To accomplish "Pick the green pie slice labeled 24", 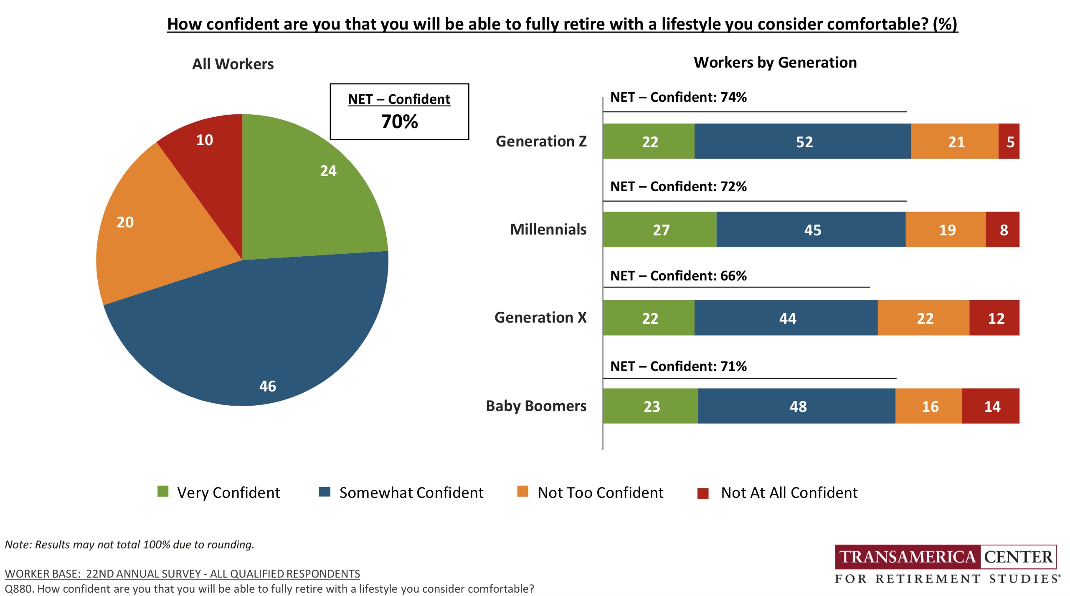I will click(x=317, y=188).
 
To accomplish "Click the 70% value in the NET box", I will click(x=399, y=122).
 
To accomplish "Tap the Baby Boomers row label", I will click(x=536, y=406).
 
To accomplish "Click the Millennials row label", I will click(x=548, y=230).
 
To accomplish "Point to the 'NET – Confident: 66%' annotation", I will click(x=678, y=276).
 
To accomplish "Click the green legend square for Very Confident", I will click(x=163, y=492).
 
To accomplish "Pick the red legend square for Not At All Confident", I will click(x=703, y=493).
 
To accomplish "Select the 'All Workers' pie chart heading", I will click(x=233, y=64).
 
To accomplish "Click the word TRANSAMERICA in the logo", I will click(x=907, y=557).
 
